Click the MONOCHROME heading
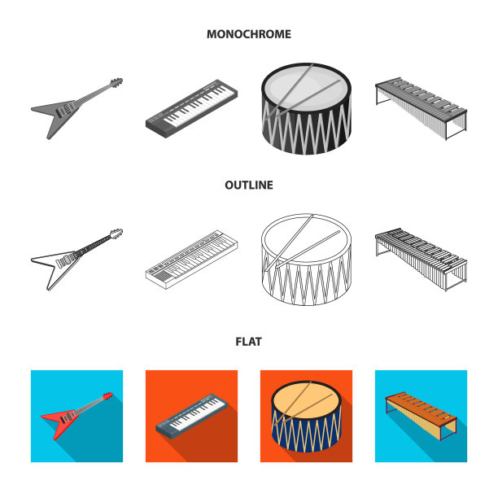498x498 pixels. coord(249,34)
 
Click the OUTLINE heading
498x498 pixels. coord(249,185)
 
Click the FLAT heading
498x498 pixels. coord(249,342)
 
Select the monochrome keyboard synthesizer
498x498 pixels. coord(191,108)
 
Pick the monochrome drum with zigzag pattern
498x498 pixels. coord(306,109)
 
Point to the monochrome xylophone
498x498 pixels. coord(422,108)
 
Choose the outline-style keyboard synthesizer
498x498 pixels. coord(191,259)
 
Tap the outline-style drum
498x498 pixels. coord(306,260)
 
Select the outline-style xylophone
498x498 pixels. coord(422,260)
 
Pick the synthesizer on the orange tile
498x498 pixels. coord(191,416)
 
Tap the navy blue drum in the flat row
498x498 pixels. coord(306,417)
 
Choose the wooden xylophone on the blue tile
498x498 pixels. coord(422,416)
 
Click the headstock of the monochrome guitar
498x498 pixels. coord(116,82)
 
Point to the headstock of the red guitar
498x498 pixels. coord(108,395)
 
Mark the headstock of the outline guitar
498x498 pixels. coord(116,233)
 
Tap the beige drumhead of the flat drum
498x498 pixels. coord(306,400)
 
